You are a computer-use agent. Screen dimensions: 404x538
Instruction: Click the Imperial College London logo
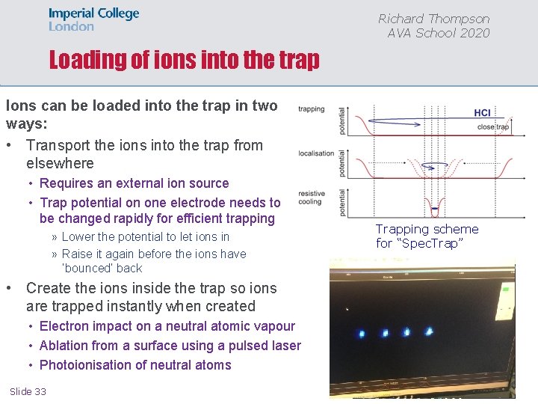(x=93, y=19)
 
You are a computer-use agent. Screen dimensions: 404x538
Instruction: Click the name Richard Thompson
(x=433, y=19)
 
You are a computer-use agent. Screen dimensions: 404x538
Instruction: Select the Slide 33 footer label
(x=28, y=391)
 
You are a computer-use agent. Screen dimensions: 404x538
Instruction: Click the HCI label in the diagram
(x=482, y=113)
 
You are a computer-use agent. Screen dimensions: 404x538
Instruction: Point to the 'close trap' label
(x=492, y=127)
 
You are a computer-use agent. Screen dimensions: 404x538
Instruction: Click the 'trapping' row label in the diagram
(x=311, y=109)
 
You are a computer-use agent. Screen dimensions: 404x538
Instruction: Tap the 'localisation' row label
(x=316, y=153)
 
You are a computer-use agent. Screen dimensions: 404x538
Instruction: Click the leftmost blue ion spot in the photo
(x=361, y=333)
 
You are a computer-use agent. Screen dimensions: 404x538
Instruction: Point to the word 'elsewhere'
(x=60, y=163)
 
